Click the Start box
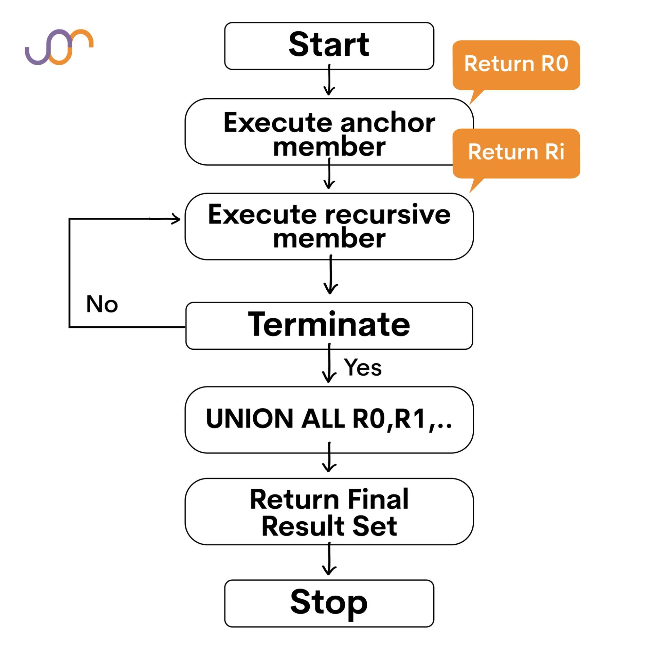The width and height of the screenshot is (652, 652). (329, 46)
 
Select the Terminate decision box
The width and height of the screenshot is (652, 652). (329, 325)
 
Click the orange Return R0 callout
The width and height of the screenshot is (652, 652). (516, 65)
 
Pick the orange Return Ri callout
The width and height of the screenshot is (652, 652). (516, 152)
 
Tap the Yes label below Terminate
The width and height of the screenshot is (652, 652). (362, 367)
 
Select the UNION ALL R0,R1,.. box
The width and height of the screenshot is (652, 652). (329, 419)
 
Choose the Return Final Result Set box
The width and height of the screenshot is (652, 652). (329, 512)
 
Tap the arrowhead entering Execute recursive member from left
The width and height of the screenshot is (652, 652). (176, 219)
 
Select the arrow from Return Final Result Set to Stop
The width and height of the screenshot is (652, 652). (329, 561)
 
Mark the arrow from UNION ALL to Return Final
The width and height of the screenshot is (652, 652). (329, 457)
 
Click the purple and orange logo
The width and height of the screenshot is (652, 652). (59, 47)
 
